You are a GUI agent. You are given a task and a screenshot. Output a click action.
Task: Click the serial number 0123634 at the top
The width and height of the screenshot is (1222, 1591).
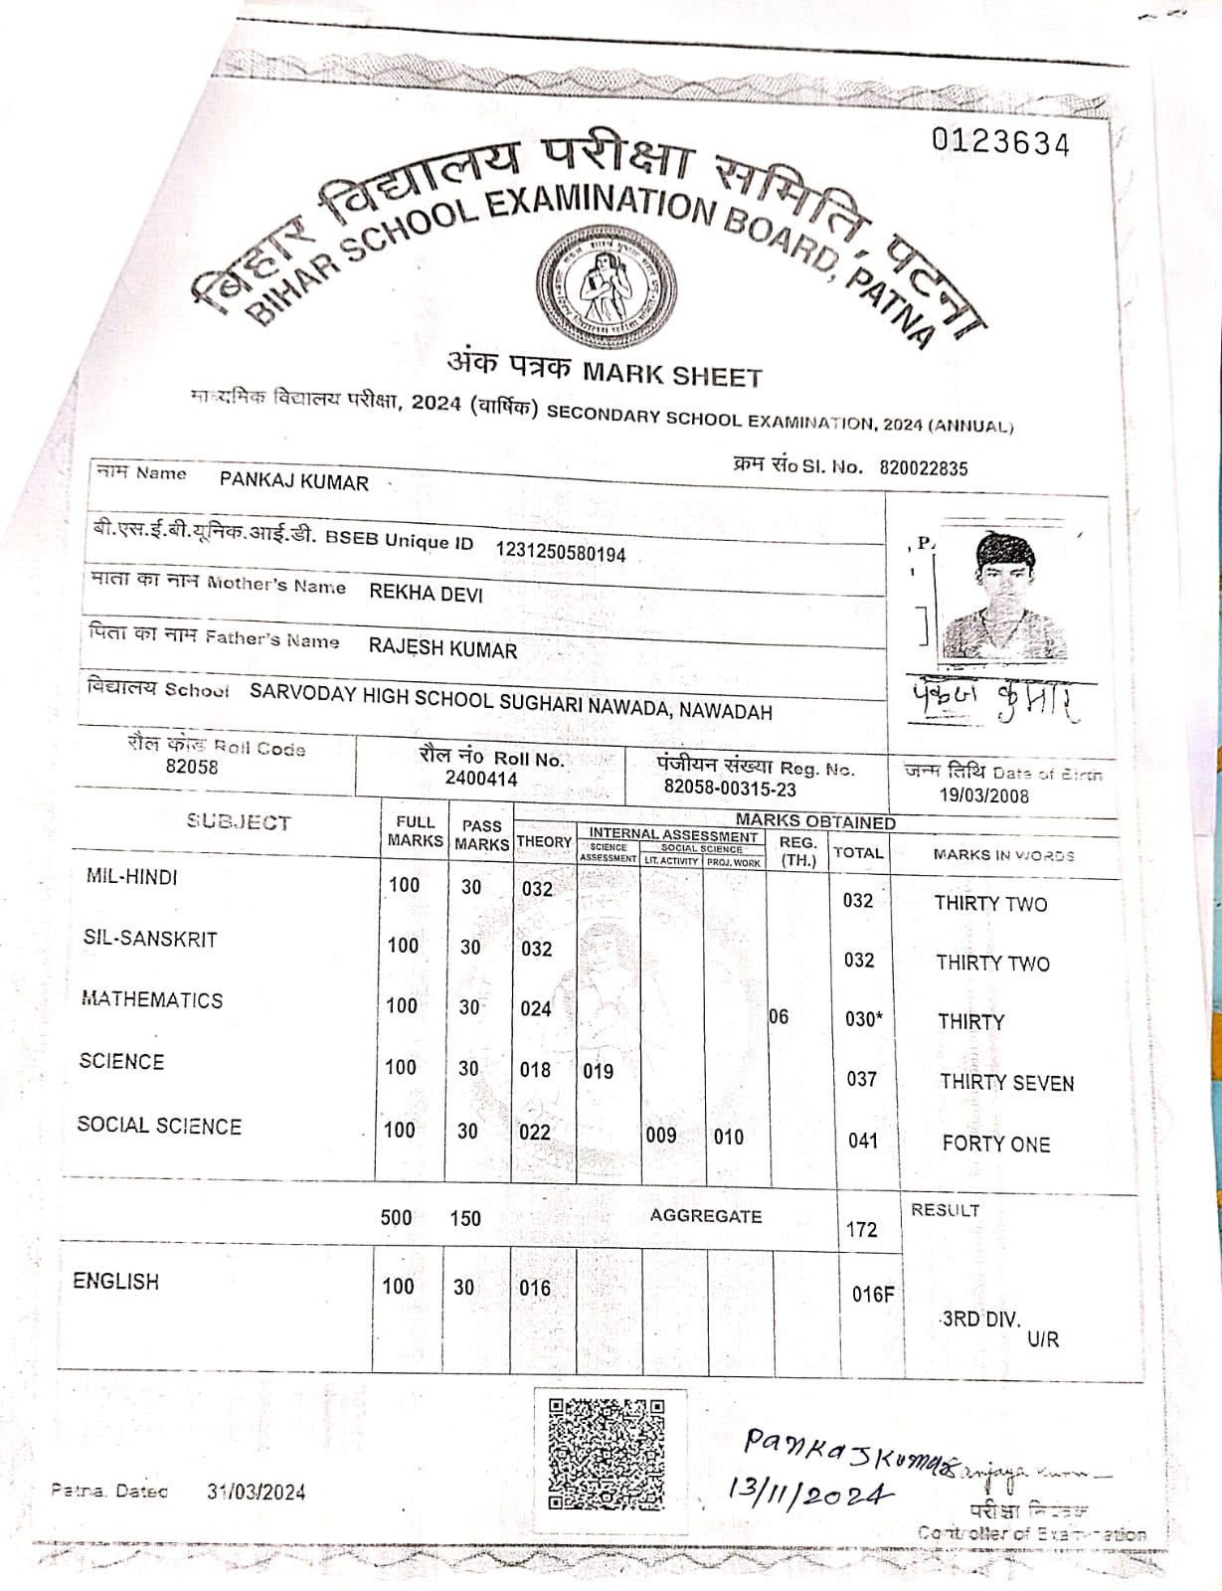pos(1000,143)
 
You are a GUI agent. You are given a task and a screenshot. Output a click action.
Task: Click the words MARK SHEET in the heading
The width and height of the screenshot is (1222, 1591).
pos(672,375)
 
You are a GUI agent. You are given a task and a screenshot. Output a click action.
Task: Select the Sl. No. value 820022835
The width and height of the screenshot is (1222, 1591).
pos(923,468)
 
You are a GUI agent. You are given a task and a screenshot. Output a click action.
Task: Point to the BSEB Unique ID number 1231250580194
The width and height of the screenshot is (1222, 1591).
pos(561,552)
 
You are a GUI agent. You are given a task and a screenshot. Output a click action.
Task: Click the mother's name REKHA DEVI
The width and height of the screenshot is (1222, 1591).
pos(426,593)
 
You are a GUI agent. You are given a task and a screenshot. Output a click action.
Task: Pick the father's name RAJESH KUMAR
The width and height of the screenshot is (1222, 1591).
pos(442,649)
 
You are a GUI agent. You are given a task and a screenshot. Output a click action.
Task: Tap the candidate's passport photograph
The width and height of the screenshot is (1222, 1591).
pos(1004,597)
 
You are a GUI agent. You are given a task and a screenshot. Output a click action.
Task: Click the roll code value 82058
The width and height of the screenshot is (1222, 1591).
pos(192,767)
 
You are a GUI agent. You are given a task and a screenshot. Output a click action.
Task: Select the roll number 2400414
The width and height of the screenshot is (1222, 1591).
pos(481,779)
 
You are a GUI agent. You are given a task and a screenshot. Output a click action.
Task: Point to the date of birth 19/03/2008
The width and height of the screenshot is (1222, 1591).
pos(984,795)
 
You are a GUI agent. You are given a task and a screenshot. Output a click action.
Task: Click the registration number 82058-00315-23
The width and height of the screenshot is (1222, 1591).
pos(730,790)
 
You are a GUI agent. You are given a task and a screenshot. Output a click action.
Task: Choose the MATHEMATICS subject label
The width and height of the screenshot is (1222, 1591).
pos(152,1000)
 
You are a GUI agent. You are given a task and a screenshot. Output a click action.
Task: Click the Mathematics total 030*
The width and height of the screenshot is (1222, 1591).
pos(863,1019)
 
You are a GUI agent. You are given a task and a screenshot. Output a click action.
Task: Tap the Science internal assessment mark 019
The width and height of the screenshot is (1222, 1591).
pos(598,1071)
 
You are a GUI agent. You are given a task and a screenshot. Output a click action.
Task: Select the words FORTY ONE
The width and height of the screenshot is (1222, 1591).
pos(995,1144)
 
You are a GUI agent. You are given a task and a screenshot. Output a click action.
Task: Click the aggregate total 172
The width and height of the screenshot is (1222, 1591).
pos(861,1230)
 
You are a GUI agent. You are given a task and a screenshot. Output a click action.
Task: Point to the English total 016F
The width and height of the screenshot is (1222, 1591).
pos(872,1294)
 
